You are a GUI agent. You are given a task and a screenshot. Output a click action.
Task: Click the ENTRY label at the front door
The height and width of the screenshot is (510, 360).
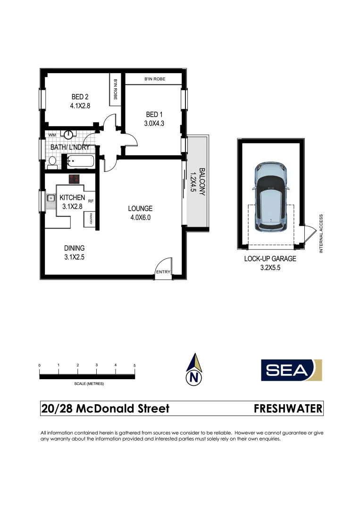coord(163,272)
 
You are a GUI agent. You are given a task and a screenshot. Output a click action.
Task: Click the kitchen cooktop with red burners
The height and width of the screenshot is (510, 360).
coord(75,179)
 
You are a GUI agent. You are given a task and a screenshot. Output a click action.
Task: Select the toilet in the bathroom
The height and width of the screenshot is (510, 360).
coord(52,162)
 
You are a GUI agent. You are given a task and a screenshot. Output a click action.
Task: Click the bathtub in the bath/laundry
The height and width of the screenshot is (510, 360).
coord(81,161)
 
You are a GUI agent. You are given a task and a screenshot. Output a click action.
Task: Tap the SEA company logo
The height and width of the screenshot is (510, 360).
coord(291,370)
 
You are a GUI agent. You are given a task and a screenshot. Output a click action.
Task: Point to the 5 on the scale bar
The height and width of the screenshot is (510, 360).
coord(134,365)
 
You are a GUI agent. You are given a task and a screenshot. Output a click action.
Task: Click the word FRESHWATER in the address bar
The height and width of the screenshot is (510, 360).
coord(288,408)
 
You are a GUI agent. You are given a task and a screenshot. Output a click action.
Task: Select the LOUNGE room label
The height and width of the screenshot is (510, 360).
coord(141,209)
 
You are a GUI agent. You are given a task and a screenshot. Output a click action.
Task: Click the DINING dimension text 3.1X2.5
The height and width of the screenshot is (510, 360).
coord(75,257)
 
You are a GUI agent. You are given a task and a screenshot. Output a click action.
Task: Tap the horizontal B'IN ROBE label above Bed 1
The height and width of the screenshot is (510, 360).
coord(155,79)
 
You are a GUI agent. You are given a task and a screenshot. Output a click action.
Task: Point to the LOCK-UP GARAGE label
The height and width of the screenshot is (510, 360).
coord(270,259)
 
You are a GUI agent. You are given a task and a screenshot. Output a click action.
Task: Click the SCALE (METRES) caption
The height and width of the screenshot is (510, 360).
coord(89,384)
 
